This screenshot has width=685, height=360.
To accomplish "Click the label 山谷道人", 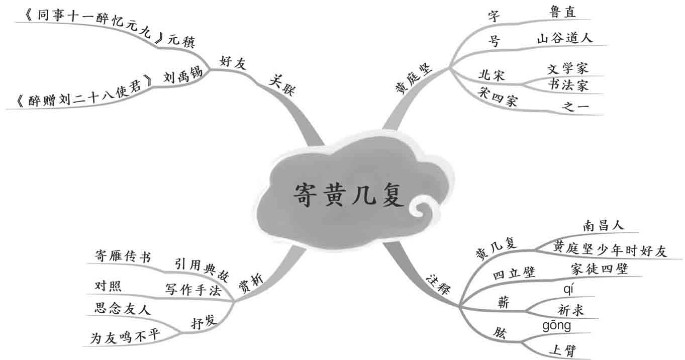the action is coord(565,38).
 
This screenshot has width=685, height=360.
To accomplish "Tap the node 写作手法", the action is coord(193,290).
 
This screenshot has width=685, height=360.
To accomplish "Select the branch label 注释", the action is coord(438,284).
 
